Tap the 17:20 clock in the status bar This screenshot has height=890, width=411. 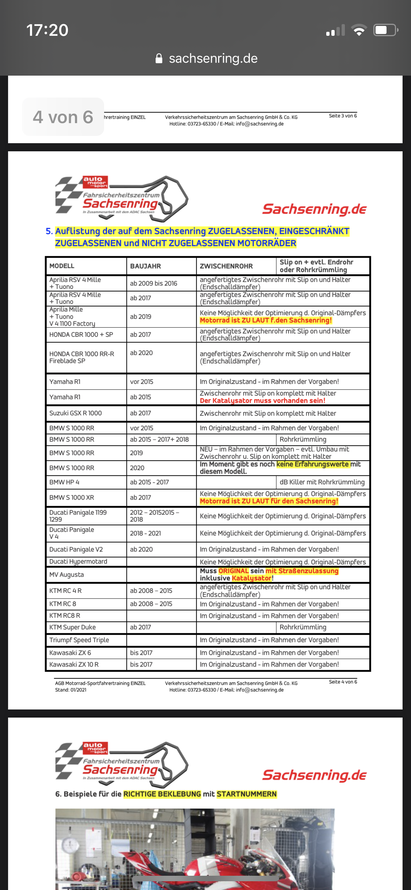[47, 30]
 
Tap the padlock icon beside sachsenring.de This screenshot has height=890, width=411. [159, 58]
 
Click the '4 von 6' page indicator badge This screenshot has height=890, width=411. [63, 117]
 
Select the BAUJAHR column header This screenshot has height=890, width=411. [145, 266]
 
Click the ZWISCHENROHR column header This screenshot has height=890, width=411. [226, 266]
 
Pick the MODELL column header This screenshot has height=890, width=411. [62, 266]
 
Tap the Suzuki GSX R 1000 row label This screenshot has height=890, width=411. [76, 413]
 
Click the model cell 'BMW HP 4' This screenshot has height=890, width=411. [64, 482]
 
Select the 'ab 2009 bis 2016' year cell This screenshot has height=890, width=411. [153, 283]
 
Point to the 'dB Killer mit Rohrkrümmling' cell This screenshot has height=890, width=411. [322, 482]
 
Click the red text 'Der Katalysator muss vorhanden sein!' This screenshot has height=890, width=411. [262, 400]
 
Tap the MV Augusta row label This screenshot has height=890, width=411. [66, 574]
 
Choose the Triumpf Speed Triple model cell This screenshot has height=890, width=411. [79, 640]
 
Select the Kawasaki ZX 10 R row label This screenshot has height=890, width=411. [74, 664]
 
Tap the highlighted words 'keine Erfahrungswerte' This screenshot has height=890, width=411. [313, 464]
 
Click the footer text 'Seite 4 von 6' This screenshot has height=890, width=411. [343, 682]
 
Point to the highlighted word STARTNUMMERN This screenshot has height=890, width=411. [247, 794]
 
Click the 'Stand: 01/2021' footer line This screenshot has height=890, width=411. [71, 690]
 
